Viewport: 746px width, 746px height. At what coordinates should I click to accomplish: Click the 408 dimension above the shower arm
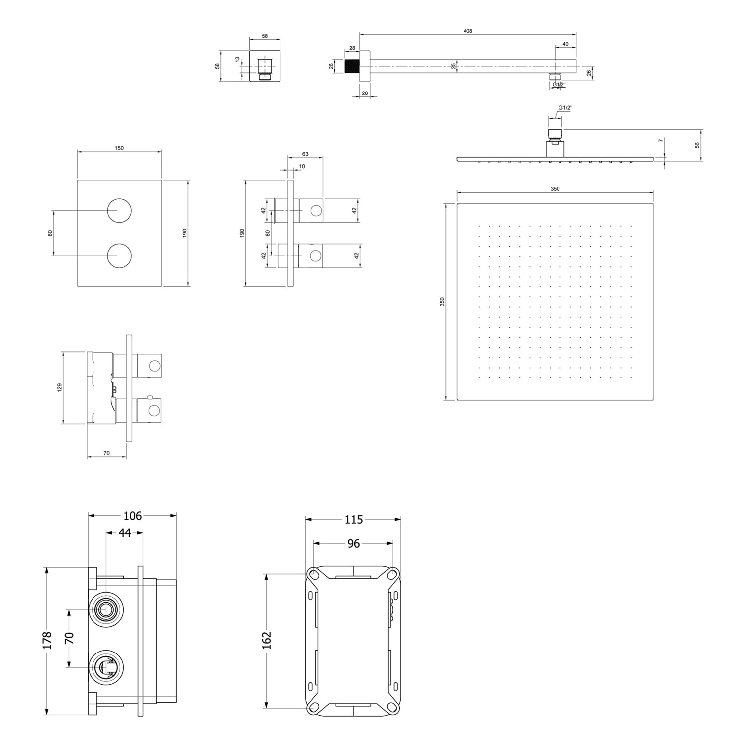467,31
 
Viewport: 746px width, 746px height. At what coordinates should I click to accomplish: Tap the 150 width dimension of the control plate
119,148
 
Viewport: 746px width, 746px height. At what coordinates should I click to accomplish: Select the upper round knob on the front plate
119,210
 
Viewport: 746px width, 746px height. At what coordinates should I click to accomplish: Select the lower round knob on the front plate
119,256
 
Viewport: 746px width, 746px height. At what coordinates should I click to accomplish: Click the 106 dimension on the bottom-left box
132,516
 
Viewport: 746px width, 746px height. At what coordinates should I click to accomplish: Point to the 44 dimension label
125,533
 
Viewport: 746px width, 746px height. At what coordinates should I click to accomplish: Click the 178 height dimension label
47,641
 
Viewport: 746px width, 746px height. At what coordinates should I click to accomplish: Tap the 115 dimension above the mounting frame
353,520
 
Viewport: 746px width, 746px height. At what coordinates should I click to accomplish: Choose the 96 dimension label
353,544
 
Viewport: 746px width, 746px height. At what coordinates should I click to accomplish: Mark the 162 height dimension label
267,640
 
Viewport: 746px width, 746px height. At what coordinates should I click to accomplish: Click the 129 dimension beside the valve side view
60,387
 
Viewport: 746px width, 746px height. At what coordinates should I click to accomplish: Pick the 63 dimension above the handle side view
305,154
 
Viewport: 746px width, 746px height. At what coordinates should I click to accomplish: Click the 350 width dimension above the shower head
555,189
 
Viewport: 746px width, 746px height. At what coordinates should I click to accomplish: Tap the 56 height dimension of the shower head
697,145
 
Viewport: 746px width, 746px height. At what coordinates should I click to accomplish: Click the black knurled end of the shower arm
352,66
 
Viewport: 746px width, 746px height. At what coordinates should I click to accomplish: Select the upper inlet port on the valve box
105,609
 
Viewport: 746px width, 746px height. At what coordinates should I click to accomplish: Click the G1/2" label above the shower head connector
565,108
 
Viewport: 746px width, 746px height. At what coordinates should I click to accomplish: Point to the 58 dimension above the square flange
265,36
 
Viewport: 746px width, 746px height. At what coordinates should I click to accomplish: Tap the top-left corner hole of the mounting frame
314,575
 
